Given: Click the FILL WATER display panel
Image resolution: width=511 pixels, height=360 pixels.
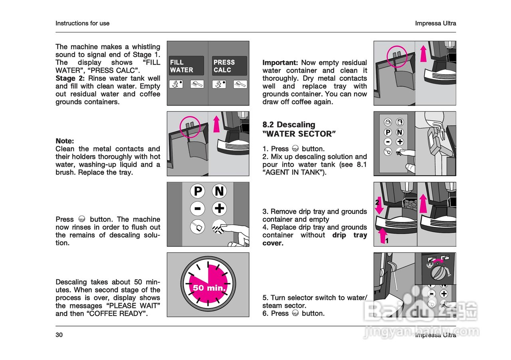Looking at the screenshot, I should click(186, 66).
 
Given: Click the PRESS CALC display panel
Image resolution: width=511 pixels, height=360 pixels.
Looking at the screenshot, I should click(229, 66).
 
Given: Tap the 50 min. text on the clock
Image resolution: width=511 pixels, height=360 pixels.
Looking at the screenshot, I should click(209, 287).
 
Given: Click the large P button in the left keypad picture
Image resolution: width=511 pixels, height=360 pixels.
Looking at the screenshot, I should click(198, 191).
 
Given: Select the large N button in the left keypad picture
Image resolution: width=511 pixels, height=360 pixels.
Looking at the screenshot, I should click(219, 191).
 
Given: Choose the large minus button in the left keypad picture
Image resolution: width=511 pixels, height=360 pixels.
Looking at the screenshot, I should click(198, 209).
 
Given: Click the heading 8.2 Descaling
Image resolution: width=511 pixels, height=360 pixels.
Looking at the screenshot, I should click(289, 125).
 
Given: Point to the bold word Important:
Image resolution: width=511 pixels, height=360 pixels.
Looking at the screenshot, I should click(280, 63).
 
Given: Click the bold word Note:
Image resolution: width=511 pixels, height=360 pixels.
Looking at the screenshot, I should click(65, 141).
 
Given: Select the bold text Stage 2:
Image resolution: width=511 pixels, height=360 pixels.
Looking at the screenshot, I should click(70, 78).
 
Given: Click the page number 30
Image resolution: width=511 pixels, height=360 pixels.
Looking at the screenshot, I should click(59, 335).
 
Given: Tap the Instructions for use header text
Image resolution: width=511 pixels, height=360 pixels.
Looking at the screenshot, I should click(82, 23).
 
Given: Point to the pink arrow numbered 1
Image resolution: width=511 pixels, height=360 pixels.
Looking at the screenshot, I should click(384, 236).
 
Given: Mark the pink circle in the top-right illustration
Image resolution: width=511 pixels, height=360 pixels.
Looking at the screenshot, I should click(397, 56).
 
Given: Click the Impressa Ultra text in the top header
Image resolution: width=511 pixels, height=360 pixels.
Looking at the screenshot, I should click(436, 23).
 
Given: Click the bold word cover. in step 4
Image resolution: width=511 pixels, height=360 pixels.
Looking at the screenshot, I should click(273, 243).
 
